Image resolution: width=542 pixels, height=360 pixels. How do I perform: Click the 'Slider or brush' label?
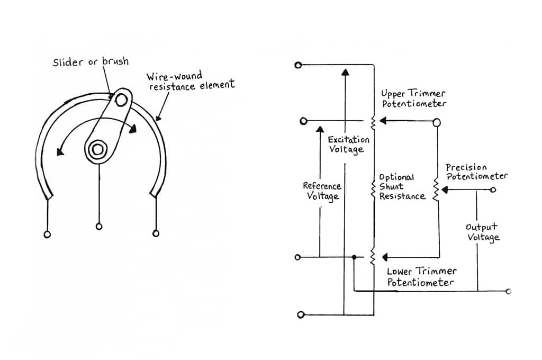pos(90,62)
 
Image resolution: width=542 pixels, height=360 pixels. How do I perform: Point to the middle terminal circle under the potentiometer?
pos(98,227)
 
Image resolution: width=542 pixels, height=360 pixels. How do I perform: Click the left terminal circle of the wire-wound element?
pos(48,233)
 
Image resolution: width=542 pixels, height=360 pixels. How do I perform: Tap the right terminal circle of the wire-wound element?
pos(156,233)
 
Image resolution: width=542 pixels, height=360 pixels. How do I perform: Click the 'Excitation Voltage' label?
pos(348,145)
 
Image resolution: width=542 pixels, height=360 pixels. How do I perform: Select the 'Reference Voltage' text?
pos(322,191)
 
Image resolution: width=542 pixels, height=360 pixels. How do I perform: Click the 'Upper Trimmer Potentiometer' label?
pos(414,98)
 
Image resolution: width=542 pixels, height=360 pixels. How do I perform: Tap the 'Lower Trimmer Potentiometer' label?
pos(421,276)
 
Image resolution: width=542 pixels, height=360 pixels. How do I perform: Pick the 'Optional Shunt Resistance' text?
pos(402,186)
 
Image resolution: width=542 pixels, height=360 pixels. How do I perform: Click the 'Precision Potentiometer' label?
pos(476,172)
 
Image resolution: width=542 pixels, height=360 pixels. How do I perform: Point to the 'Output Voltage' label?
pos(482,232)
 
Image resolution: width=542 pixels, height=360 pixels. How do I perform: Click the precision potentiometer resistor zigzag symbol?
pos(436,191)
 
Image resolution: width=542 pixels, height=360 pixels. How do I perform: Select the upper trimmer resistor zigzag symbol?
pos(373,122)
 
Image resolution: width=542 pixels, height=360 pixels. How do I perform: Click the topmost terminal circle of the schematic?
pos(298,65)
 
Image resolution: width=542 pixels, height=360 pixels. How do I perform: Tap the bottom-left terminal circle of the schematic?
pos(301,314)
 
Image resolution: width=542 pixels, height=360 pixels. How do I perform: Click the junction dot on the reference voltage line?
pos(354,257)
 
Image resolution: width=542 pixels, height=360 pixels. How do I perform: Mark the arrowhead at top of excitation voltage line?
pos(345,73)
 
